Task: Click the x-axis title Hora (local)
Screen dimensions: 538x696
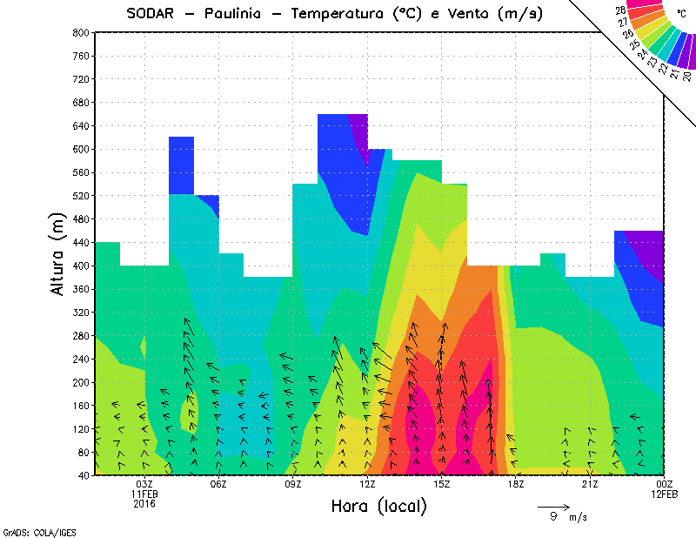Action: (379, 506)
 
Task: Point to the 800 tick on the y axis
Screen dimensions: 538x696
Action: (79, 32)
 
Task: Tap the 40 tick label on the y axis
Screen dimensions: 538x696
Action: (82, 475)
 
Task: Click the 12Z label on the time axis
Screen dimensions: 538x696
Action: (367, 484)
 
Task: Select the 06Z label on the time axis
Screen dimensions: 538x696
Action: (218, 484)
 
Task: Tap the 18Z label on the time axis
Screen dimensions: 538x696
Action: (516, 484)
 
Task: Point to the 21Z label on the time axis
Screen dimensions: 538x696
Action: (590, 484)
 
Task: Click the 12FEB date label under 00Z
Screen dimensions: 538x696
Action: (664, 494)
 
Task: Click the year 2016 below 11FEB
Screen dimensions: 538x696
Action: (144, 503)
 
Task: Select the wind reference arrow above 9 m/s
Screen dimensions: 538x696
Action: (552, 506)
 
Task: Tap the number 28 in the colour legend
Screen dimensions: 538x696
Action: (621, 11)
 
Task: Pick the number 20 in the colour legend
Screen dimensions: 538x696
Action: (687, 76)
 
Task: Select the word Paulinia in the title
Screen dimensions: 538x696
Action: (234, 13)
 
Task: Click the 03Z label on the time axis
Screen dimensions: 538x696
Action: (144, 484)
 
